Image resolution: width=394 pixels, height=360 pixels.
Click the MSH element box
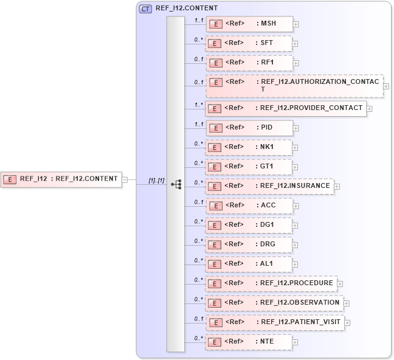click(x=250, y=24)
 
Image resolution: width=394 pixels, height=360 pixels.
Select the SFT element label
click(x=265, y=44)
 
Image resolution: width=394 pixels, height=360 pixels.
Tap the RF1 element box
click(x=250, y=63)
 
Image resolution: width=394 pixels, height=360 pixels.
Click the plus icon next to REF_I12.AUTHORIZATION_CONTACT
click(x=386, y=86)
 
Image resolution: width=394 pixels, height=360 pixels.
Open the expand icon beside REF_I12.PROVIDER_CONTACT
click(x=369, y=109)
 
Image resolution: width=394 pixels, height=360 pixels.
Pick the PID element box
click(x=250, y=128)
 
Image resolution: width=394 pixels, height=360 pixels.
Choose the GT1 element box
click(x=249, y=166)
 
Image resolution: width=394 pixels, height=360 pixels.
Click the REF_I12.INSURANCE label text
click(x=295, y=185)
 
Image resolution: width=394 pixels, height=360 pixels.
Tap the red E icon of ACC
click(x=215, y=206)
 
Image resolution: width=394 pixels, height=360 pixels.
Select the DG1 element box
click(x=249, y=225)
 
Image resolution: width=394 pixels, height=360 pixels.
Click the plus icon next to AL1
click(x=295, y=265)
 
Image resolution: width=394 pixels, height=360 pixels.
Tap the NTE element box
click(x=249, y=342)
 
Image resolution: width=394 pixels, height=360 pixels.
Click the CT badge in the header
click(x=146, y=9)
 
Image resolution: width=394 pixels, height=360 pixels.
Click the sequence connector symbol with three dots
click(x=176, y=184)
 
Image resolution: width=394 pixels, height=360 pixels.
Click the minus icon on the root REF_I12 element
click(x=124, y=179)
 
